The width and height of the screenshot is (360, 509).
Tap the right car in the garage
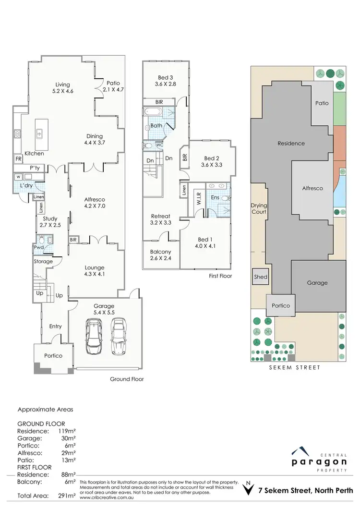click(x=118, y=336)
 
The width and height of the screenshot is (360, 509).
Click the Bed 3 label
click(x=167, y=77)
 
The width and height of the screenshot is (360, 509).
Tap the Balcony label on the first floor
click(x=161, y=252)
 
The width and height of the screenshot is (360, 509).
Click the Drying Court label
click(x=259, y=208)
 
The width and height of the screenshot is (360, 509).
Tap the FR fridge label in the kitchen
click(x=18, y=158)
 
